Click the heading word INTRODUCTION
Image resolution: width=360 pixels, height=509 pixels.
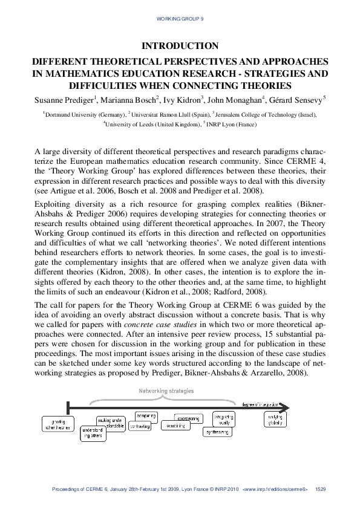point(180,46)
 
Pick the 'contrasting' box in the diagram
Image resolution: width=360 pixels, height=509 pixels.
point(140,426)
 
